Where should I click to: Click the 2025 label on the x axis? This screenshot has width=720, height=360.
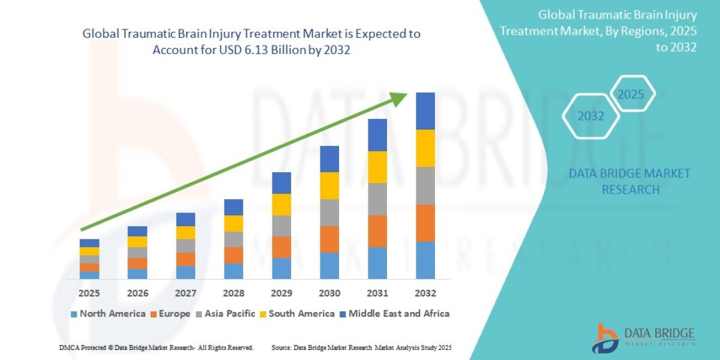point(89,293)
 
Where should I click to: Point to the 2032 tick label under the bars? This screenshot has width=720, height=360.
point(425,293)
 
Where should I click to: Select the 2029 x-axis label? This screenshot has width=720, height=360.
point(281,293)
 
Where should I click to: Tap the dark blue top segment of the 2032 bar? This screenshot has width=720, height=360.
point(425,111)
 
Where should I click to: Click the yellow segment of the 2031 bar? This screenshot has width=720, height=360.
point(377,167)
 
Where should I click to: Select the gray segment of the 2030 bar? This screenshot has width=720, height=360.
point(329,212)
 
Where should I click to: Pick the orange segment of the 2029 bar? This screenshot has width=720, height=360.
point(281,247)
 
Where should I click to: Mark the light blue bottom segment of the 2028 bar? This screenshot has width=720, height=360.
point(233,271)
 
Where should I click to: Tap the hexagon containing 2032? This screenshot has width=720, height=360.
point(591,116)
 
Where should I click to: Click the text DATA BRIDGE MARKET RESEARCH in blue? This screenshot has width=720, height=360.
point(629,181)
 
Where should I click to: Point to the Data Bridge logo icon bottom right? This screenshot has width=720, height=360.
point(607,338)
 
